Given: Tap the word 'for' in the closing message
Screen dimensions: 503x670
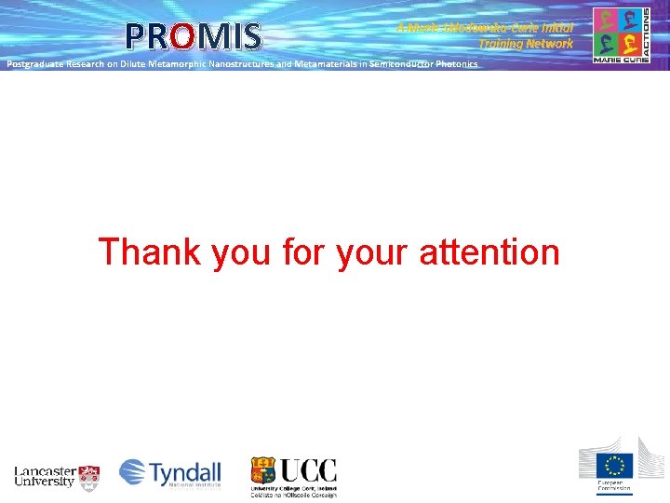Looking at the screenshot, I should coord(300,251).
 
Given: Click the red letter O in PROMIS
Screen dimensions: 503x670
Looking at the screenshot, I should coord(182,36).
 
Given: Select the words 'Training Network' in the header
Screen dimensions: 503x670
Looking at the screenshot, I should coord(526,44).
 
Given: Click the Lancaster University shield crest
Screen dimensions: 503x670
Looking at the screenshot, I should coord(89,477).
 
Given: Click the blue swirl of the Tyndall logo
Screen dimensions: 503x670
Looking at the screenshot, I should coord(133,472).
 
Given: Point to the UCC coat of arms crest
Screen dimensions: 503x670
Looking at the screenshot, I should coord(262,470).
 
